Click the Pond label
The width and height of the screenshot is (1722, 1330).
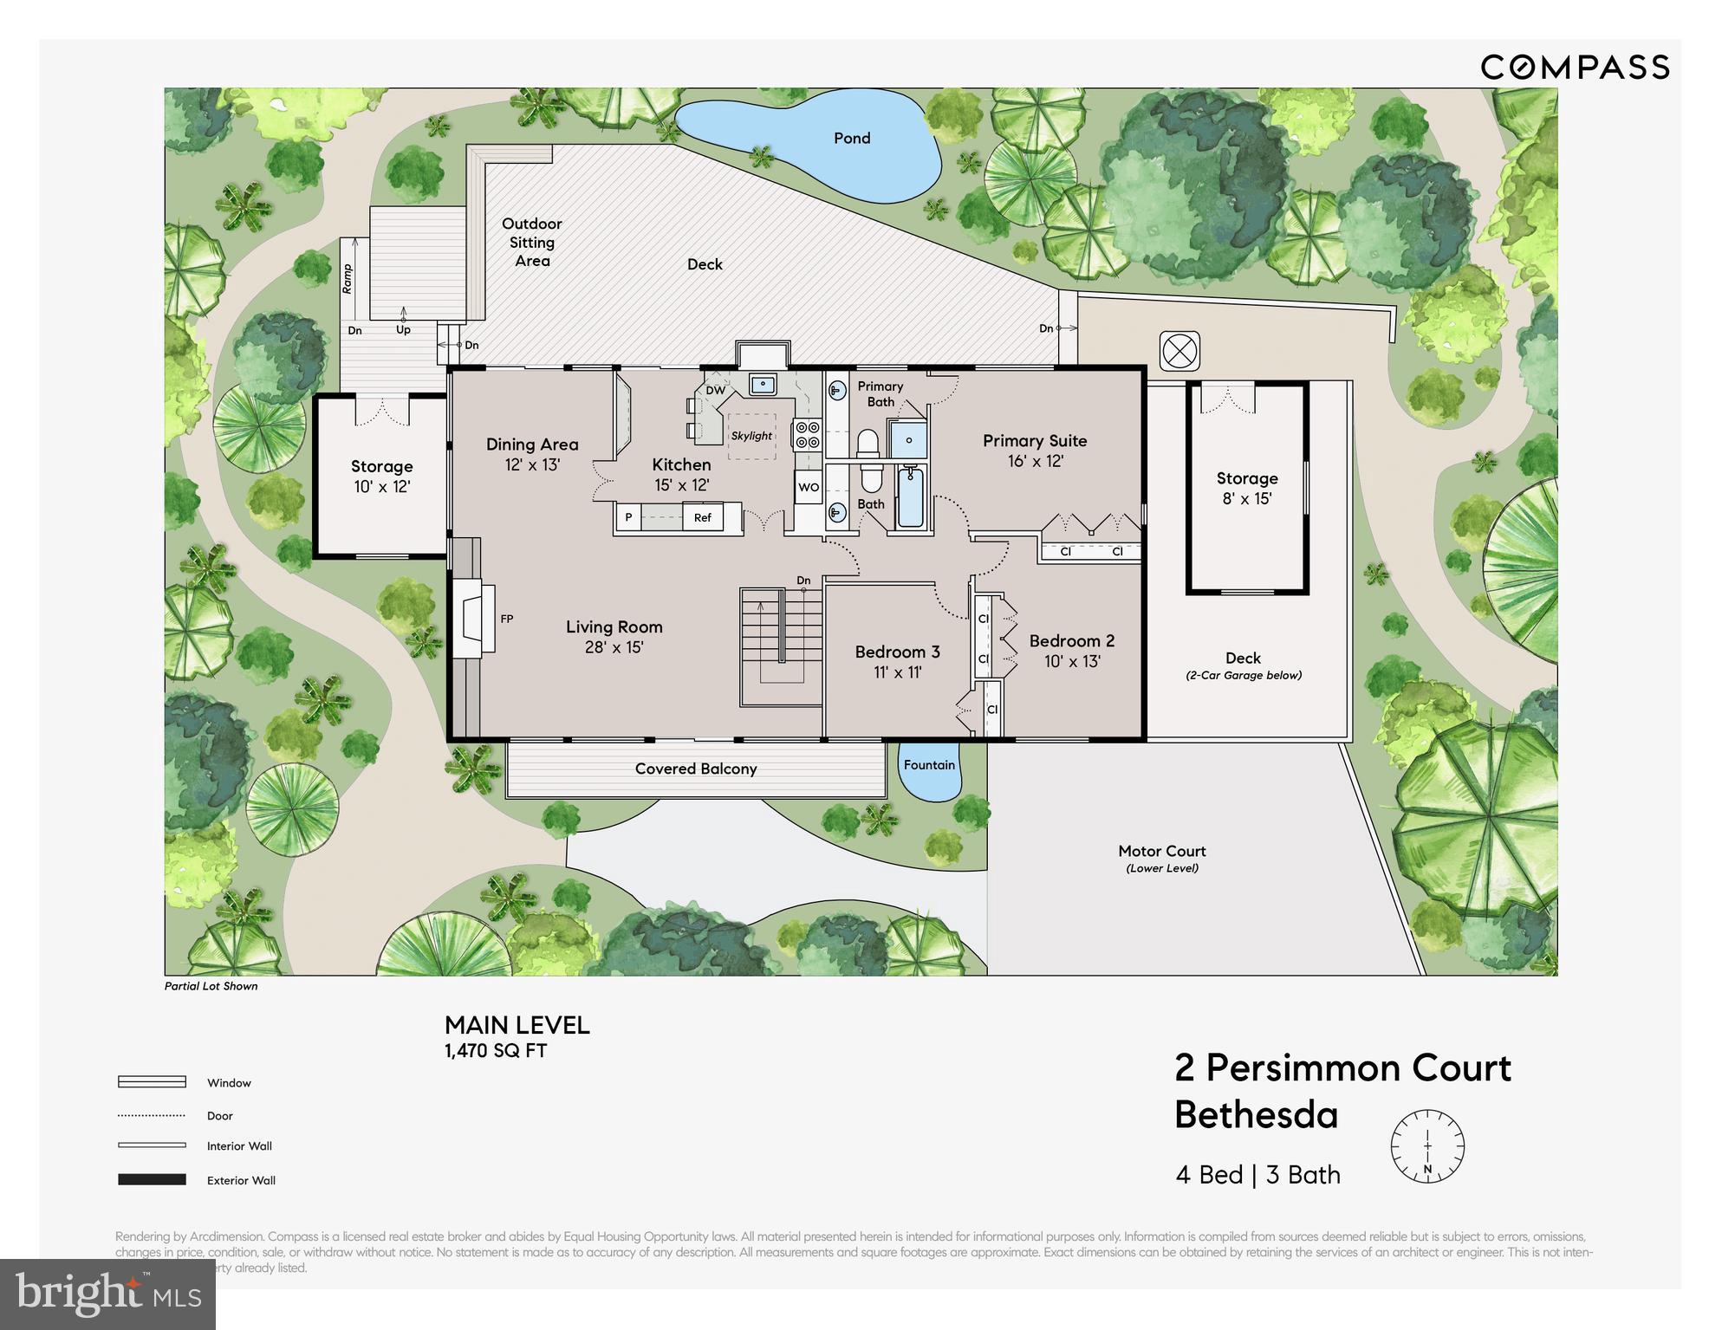(851, 139)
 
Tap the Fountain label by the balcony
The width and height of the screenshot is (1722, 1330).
(928, 765)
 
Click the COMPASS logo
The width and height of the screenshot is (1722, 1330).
(1574, 68)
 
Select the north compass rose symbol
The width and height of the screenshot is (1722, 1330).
(1426, 1146)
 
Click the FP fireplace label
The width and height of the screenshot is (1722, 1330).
(507, 619)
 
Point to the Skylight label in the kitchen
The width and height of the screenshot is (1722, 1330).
(751, 436)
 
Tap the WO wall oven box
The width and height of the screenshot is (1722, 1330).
(808, 487)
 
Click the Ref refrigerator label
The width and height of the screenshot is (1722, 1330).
(702, 518)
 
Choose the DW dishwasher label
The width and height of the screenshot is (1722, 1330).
(715, 391)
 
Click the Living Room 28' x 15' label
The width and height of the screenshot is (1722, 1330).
(614, 637)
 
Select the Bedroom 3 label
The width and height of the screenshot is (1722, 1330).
(897, 652)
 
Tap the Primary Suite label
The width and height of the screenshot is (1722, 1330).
(1034, 441)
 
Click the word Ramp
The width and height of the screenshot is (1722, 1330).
(348, 279)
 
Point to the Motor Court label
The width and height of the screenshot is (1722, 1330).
(1161, 852)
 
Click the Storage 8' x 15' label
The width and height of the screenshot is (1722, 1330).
(1246, 488)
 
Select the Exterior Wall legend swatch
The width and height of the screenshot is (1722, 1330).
(152, 1179)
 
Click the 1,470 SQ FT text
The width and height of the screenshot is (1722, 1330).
(495, 1051)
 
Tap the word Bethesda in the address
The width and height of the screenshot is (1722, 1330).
(1256, 1115)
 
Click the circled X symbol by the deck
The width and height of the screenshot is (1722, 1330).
(1179, 352)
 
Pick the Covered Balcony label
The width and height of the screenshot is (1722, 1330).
(695, 769)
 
